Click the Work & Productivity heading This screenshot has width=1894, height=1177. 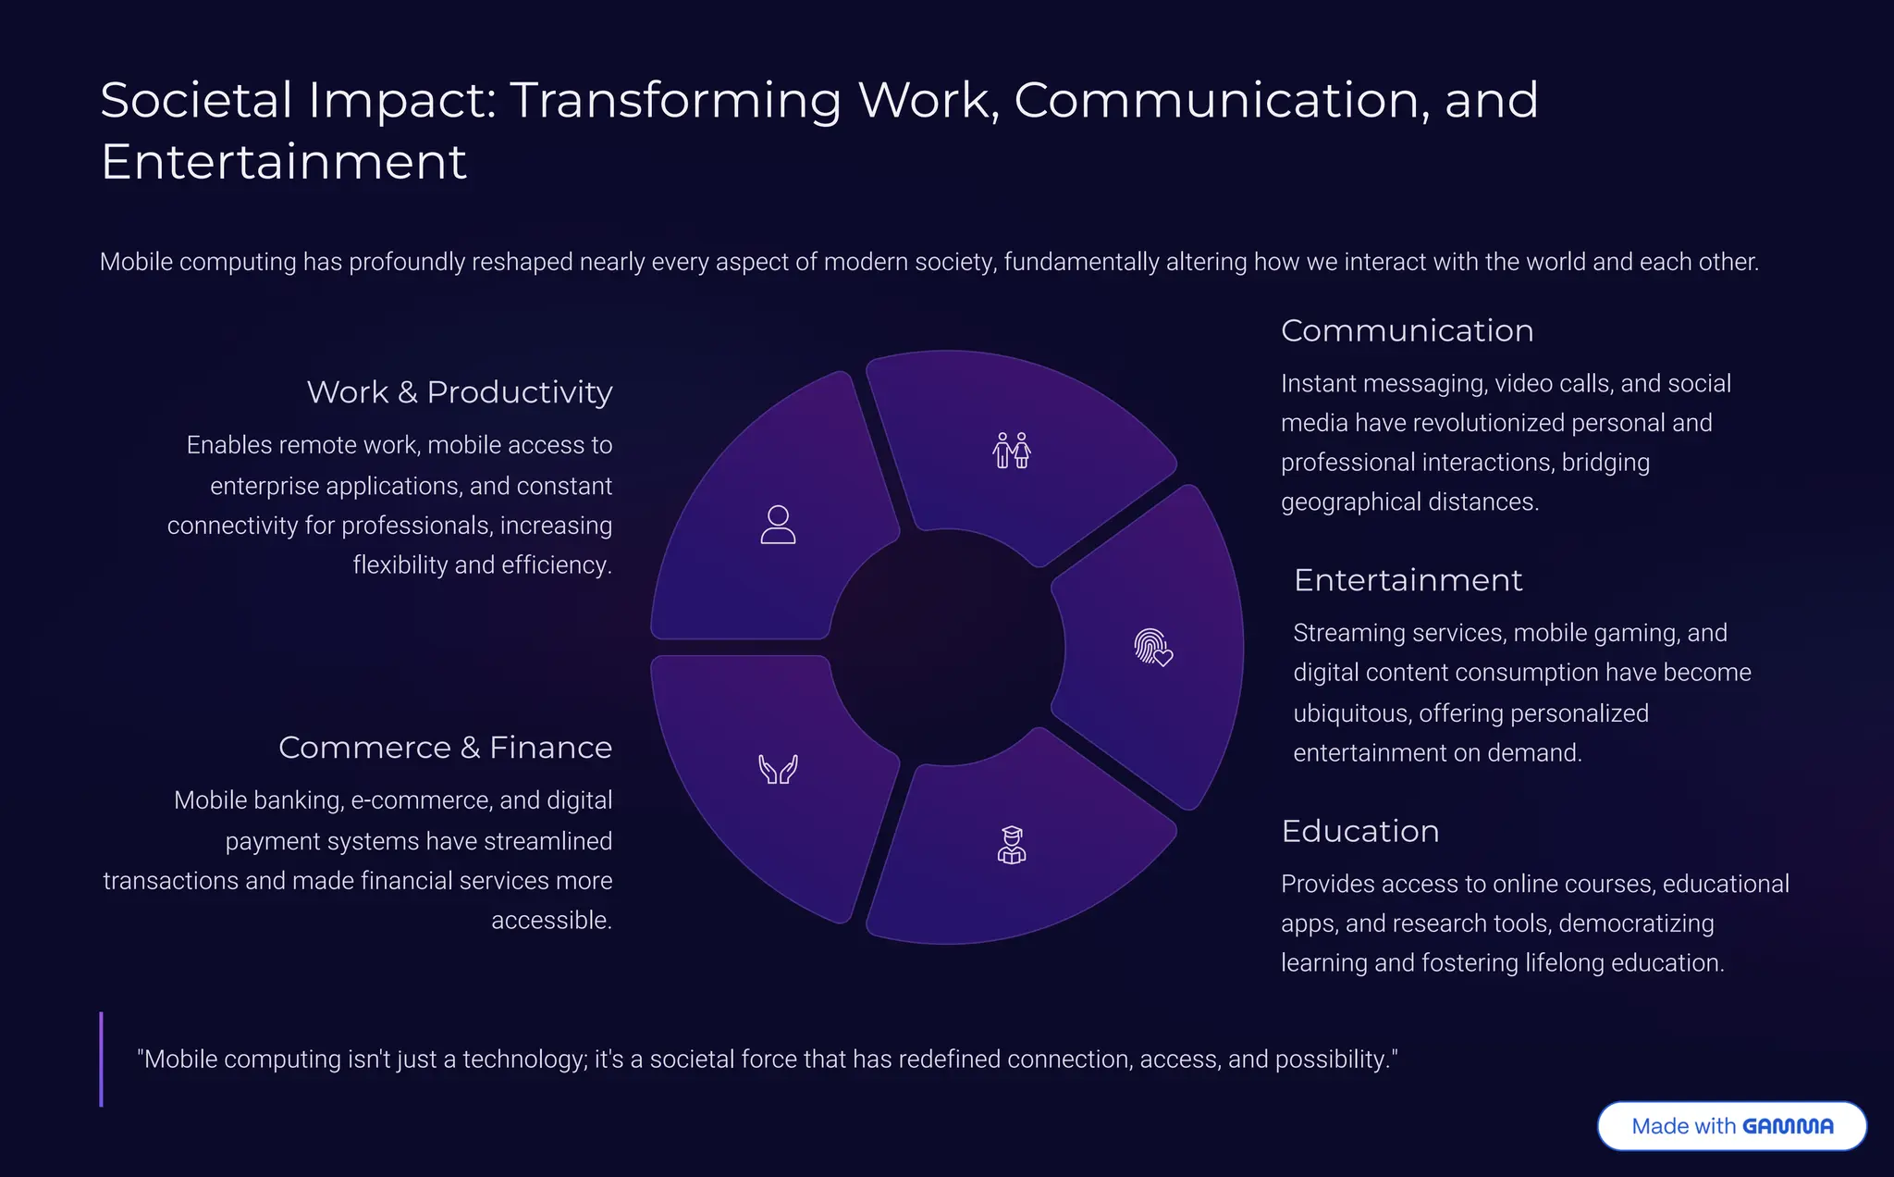pos(460,392)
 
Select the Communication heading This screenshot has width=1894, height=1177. pos(1407,331)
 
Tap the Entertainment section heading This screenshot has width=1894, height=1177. pos(1408,580)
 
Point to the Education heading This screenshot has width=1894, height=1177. pos(1359,831)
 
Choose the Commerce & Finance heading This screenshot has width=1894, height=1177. pos(445,748)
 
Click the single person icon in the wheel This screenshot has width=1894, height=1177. pos(778,525)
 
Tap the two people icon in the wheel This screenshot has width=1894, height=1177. pos(1012,451)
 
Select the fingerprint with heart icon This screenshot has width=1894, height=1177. pos(1153,647)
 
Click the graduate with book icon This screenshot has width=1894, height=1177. pos(1012,845)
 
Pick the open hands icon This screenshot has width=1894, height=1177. pos(778,769)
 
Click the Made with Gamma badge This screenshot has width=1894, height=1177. pos(1731,1125)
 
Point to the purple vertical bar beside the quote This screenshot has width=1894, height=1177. pos(102,1059)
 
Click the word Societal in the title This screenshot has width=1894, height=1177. pos(197,100)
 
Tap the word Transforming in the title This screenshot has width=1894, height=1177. pos(675,100)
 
